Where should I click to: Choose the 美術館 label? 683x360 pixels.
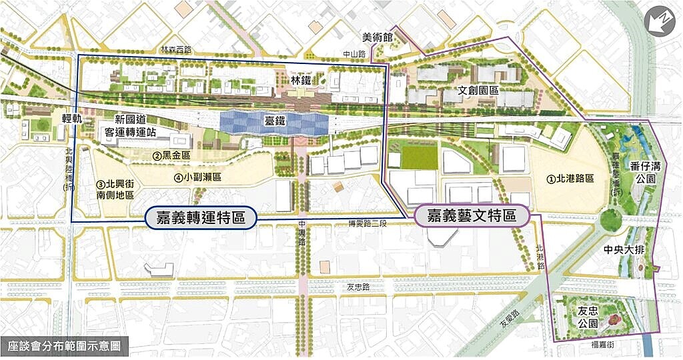(x=378, y=36)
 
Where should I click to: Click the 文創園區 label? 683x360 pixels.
(x=479, y=89)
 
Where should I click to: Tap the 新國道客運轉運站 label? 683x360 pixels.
(x=135, y=126)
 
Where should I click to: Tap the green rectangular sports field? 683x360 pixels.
(x=418, y=157)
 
